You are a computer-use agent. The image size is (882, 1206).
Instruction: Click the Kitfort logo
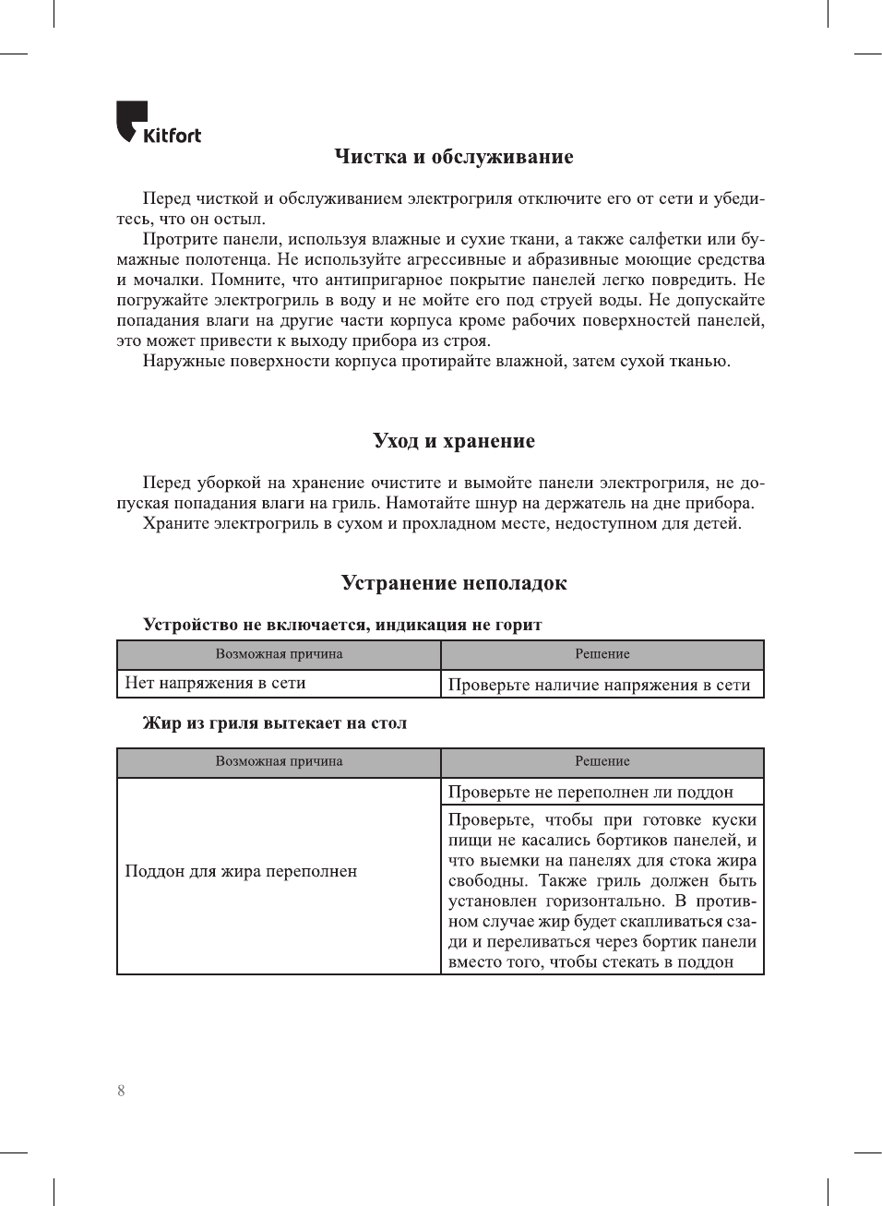pyautogui.click(x=158, y=124)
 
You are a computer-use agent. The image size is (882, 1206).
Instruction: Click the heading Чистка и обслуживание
pyautogui.click(x=453, y=157)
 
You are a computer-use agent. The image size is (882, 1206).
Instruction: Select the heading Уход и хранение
pyautogui.click(x=453, y=441)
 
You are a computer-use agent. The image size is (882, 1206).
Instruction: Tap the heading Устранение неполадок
pyautogui.click(x=453, y=583)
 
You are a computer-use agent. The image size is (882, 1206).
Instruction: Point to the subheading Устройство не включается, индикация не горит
pyautogui.click(x=342, y=625)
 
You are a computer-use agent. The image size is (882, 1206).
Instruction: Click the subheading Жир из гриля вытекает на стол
pyautogui.click(x=274, y=723)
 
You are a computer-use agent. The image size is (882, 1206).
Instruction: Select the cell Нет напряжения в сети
pyautogui.click(x=215, y=684)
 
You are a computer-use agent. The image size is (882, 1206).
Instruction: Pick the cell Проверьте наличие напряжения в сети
pyautogui.click(x=599, y=685)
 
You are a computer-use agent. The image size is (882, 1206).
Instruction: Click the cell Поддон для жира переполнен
pyautogui.click(x=241, y=872)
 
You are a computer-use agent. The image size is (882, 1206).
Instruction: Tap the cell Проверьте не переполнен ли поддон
pyautogui.click(x=590, y=793)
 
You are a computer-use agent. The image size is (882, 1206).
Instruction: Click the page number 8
pyautogui.click(x=121, y=1091)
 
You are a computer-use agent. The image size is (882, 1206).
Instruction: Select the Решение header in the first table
pyautogui.click(x=602, y=654)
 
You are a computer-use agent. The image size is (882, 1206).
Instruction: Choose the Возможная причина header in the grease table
pyautogui.click(x=279, y=761)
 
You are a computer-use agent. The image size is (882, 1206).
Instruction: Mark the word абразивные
pyautogui.click(x=568, y=259)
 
